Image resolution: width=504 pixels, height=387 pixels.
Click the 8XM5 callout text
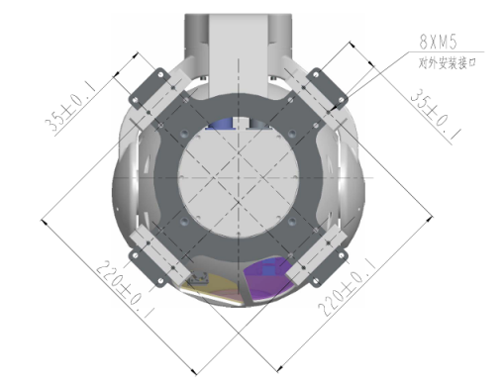click(438, 42)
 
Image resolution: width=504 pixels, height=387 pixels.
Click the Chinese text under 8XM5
click(448, 62)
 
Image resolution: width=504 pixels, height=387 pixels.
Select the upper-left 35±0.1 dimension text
click(70, 107)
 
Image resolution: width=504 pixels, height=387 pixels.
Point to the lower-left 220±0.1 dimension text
click(126, 289)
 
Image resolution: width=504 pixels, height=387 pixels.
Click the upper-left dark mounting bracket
click(150, 88)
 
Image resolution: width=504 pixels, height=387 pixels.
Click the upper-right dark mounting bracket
click(327, 88)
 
